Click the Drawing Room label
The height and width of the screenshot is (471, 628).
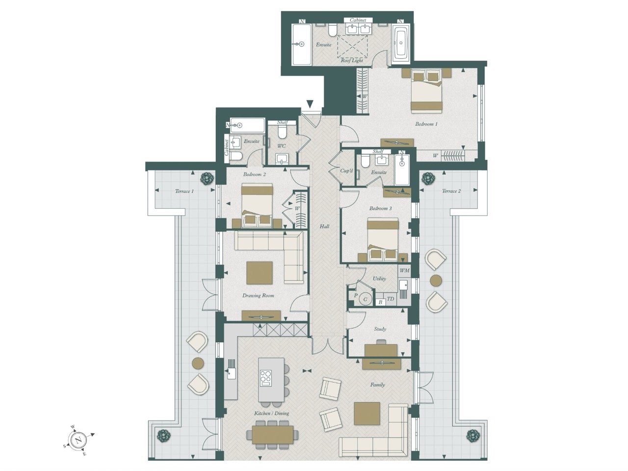(258, 296)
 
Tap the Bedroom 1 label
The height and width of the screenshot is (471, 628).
(426, 124)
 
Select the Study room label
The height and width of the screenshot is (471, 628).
(380, 329)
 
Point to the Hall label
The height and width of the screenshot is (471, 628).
(324, 226)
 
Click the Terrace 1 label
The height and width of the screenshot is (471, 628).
(184, 191)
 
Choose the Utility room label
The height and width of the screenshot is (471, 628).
(379, 278)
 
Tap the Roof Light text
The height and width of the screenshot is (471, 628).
(352, 60)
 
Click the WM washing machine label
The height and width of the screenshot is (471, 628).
(404, 270)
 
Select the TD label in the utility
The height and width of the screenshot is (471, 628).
(390, 299)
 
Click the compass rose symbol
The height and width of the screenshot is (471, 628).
(78, 439)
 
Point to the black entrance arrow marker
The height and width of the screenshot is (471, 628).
(310, 103)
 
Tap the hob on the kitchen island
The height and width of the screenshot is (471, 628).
(265, 380)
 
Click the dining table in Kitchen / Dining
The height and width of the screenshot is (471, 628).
(273, 435)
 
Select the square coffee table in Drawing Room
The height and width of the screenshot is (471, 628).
(260, 273)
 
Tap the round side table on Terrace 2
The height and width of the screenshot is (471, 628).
(436, 280)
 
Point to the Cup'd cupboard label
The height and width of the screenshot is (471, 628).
(346, 171)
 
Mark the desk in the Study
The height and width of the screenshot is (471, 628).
(381, 351)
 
